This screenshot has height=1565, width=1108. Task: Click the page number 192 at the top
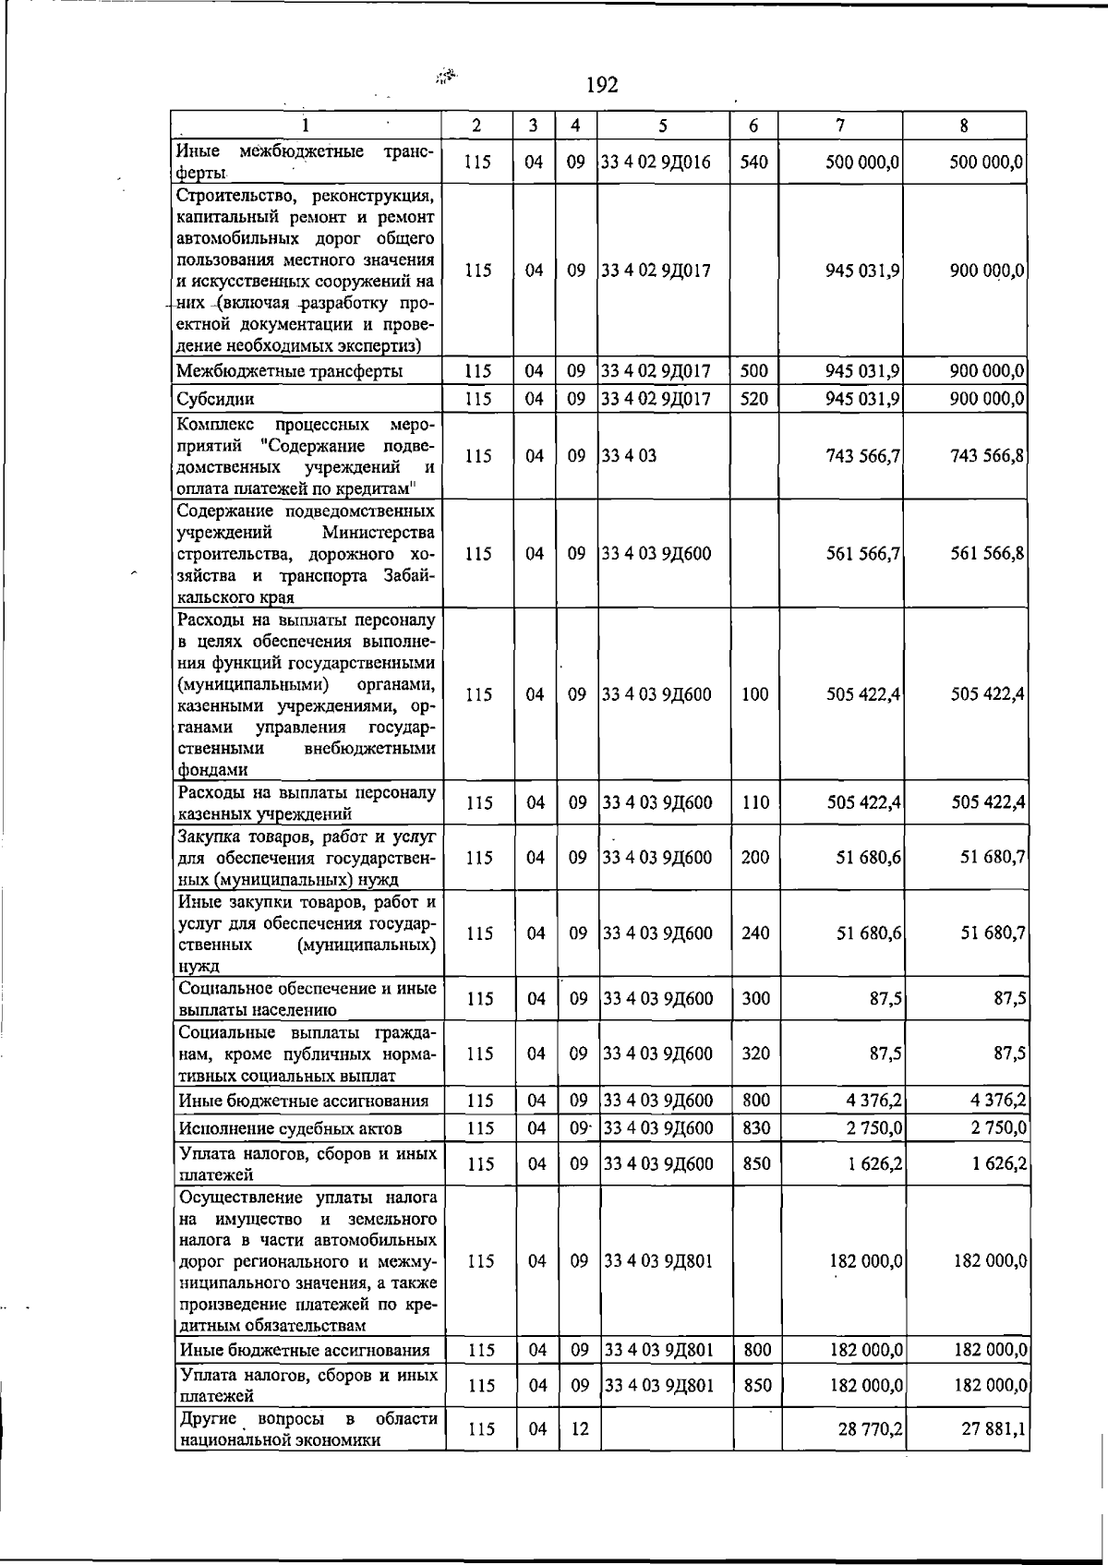click(x=602, y=86)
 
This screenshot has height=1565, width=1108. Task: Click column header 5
click(x=662, y=126)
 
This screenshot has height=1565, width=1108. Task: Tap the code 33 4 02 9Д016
click(x=656, y=163)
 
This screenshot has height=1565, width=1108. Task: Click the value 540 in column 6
click(x=753, y=163)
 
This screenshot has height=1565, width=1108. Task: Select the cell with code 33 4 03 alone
click(x=629, y=456)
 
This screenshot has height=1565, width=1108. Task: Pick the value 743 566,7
click(x=863, y=456)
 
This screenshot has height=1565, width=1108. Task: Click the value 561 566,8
click(x=987, y=554)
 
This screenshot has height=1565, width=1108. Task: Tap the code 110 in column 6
click(x=754, y=803)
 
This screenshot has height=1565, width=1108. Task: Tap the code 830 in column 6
click(x=756, y=1128)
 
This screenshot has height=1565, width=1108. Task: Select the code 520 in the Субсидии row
click(x=753, y=399)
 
